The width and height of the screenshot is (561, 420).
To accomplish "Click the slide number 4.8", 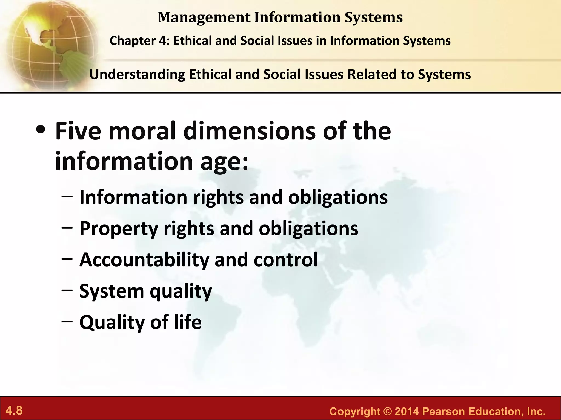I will [14, 411].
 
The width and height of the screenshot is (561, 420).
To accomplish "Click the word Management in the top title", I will [204, 17].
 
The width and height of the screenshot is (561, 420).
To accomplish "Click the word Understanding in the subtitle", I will [137, 75].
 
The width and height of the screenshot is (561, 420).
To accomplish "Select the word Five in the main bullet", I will [78, 131].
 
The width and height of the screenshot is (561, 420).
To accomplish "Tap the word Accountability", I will [144, 260].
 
